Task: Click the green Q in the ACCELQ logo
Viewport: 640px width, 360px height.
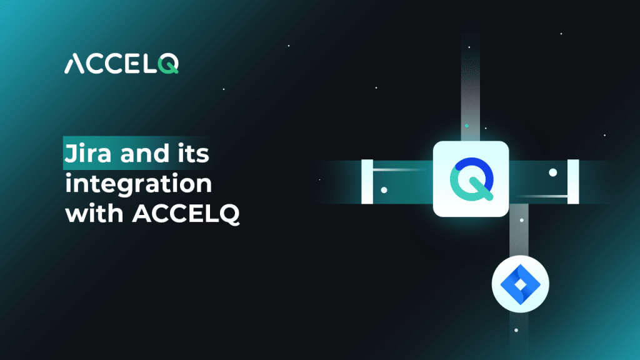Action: point(167,63)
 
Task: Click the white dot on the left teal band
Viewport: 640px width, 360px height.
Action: point(384,189)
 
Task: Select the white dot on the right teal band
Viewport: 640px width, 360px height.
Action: point(552,172)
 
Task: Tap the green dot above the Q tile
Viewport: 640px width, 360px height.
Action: point(466,125)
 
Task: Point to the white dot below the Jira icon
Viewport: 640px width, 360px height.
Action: point(516,329)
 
